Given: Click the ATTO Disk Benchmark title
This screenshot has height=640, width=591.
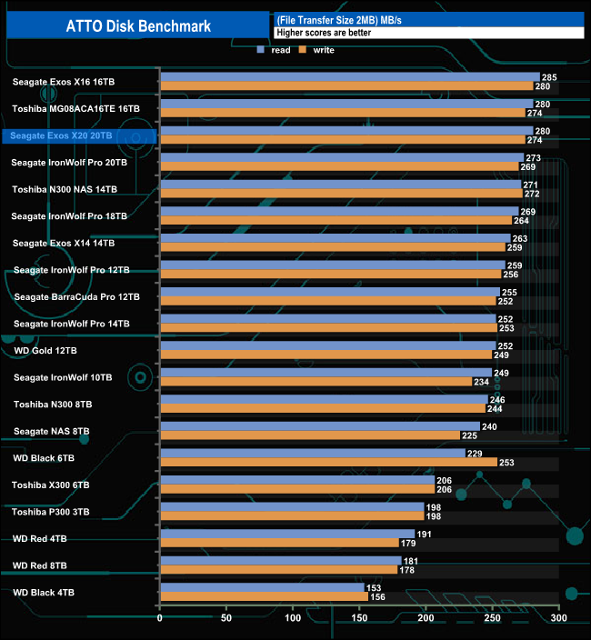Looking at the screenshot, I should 138,25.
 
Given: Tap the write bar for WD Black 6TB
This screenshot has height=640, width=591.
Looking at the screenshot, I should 328,462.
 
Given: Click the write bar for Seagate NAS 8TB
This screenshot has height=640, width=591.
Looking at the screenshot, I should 309,435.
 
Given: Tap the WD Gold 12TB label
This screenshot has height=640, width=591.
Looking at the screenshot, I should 46,350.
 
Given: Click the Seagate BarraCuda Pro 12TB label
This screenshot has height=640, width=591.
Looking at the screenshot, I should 77,296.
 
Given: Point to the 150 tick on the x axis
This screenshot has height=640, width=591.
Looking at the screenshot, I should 359,619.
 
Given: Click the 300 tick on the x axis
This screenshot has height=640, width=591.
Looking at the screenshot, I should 559,619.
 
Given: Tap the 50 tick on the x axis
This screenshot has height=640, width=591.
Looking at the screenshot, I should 226,619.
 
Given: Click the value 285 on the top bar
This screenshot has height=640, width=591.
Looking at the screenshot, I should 548,77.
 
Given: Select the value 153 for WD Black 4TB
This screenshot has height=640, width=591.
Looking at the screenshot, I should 374,587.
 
